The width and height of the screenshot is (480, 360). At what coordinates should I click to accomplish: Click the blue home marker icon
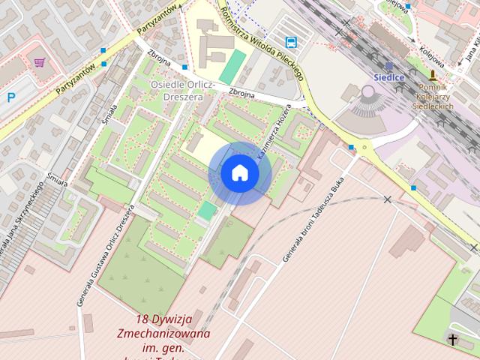point(239,173)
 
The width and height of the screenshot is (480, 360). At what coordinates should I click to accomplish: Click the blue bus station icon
point(291,42)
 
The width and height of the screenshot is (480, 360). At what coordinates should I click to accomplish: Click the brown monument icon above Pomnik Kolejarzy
point(433,75)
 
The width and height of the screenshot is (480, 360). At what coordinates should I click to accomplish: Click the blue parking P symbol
point(10,97)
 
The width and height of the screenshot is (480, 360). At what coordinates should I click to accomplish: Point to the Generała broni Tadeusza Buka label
point(313,223)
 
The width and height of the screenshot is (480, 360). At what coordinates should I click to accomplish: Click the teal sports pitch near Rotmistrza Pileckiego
point(232,66)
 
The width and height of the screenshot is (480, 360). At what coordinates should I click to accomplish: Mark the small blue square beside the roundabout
point(351,147)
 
